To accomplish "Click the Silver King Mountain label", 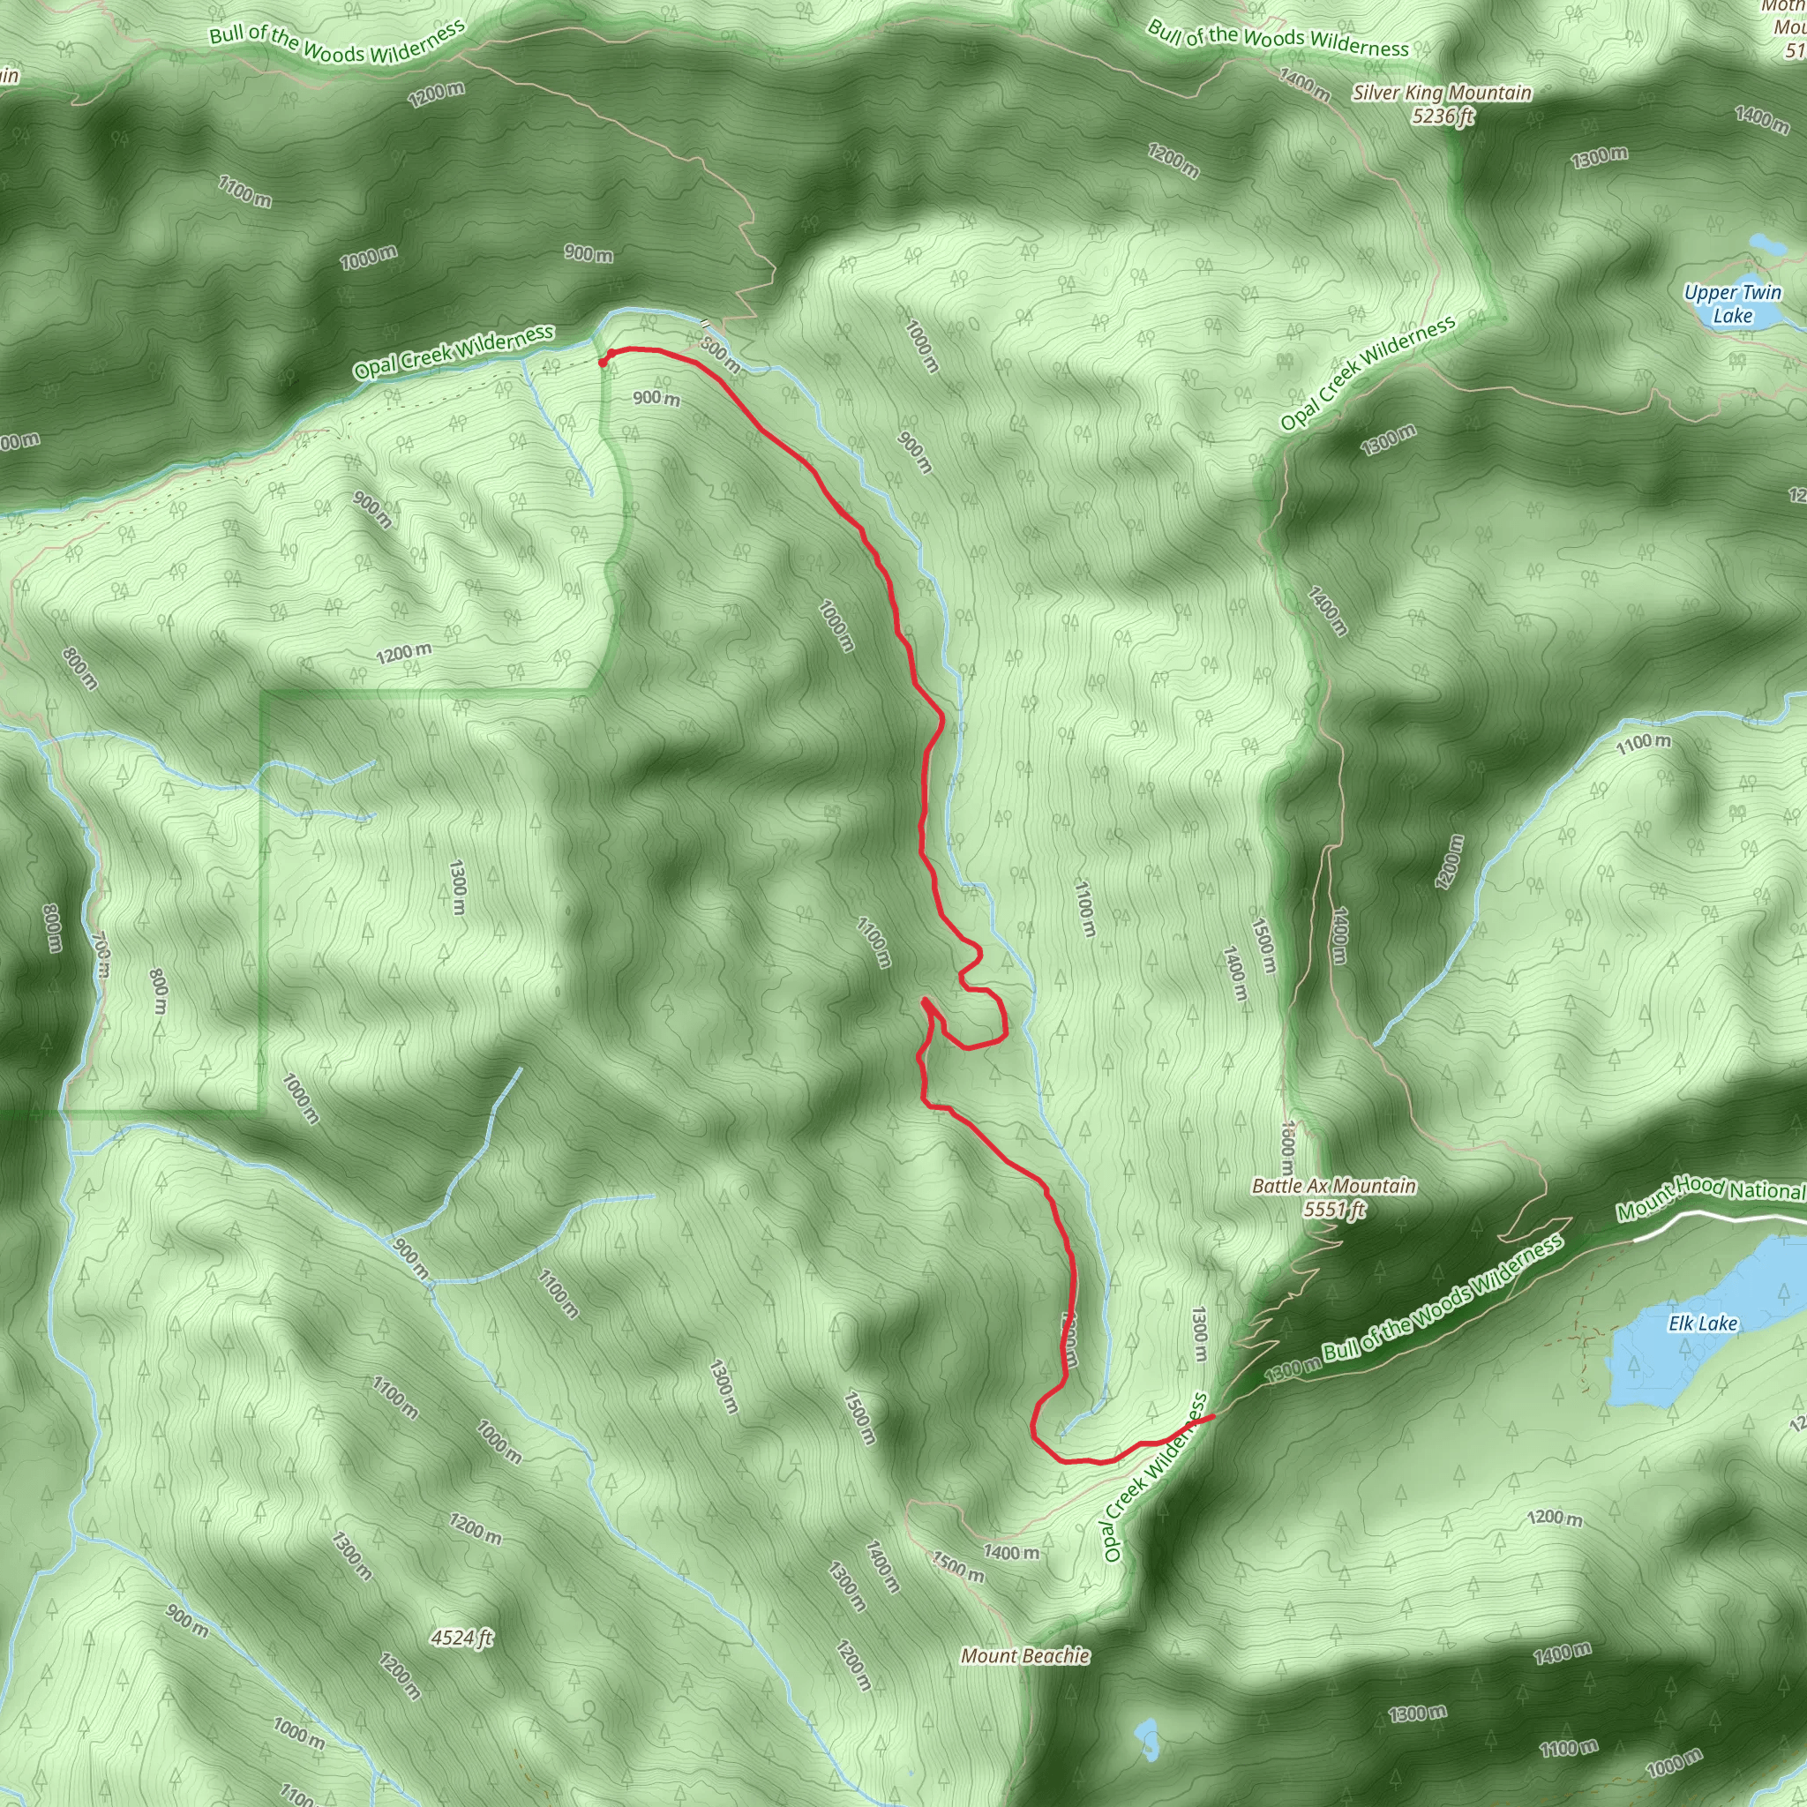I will (x=1442, y=93).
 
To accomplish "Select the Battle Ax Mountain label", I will (x=1334, y=1186).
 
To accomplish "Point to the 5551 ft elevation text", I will (x=1335, y=1210).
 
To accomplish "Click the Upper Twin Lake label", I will (x=1732, y=304).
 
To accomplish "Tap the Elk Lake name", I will (x=1703, y=1323).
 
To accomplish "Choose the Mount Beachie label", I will (x=1025, y=1655).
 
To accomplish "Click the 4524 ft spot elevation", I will (x=461, y=1638).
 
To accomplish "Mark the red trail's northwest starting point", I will (x=603, y=362).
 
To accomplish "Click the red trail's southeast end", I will (x=1213, y=1417).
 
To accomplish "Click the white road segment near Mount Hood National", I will (x=1721, y=1216).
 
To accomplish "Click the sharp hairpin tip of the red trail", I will (x=924, y=1001).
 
